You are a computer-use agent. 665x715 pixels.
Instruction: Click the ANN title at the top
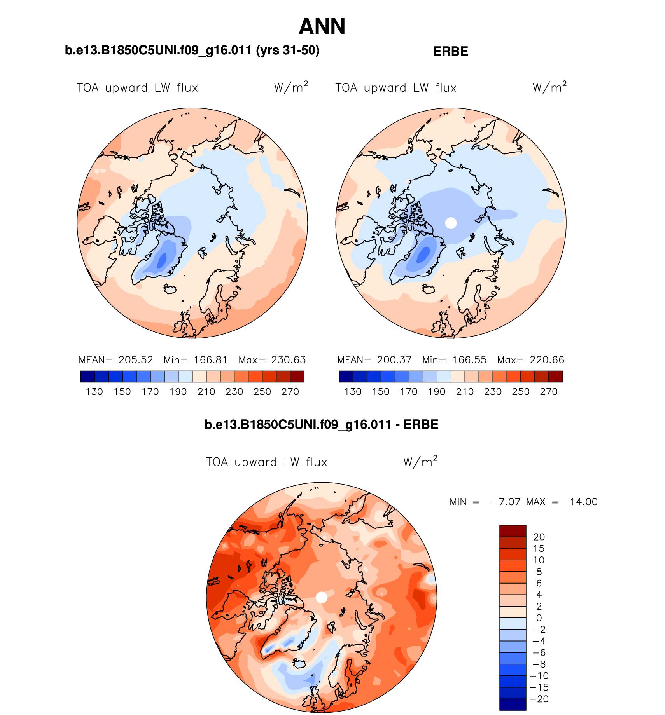coord(322,26)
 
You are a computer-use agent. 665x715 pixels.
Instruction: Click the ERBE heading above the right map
coord(450,51)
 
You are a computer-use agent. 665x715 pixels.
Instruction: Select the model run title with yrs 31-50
coord(192,51)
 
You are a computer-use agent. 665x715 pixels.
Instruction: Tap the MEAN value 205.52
coord(136,360)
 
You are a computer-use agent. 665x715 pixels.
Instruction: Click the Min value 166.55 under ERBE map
coord(469,360)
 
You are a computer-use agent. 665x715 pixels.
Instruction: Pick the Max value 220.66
coord(547,360)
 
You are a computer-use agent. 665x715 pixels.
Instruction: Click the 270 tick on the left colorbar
coord(290,392)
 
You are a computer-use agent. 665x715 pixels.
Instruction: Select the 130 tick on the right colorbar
coord(353,392)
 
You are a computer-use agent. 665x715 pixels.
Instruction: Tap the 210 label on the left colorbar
coord(206,392)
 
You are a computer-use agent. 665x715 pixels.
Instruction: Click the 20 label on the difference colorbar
coord(539,537)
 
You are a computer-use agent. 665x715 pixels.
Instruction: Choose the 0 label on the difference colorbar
coord(539,618)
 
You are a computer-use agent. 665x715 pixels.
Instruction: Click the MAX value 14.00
coord(583,502)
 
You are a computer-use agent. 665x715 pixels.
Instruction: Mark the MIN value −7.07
coord(506,502)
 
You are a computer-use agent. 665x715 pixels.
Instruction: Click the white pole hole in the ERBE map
coord(451,223)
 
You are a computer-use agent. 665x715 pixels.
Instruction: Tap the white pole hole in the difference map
coord(321,597)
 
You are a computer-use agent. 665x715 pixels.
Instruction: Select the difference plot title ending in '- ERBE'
coord(321,424)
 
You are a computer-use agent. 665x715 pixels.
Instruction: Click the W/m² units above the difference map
coord(420,462)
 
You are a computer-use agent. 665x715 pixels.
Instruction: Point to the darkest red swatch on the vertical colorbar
coord(513,531)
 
